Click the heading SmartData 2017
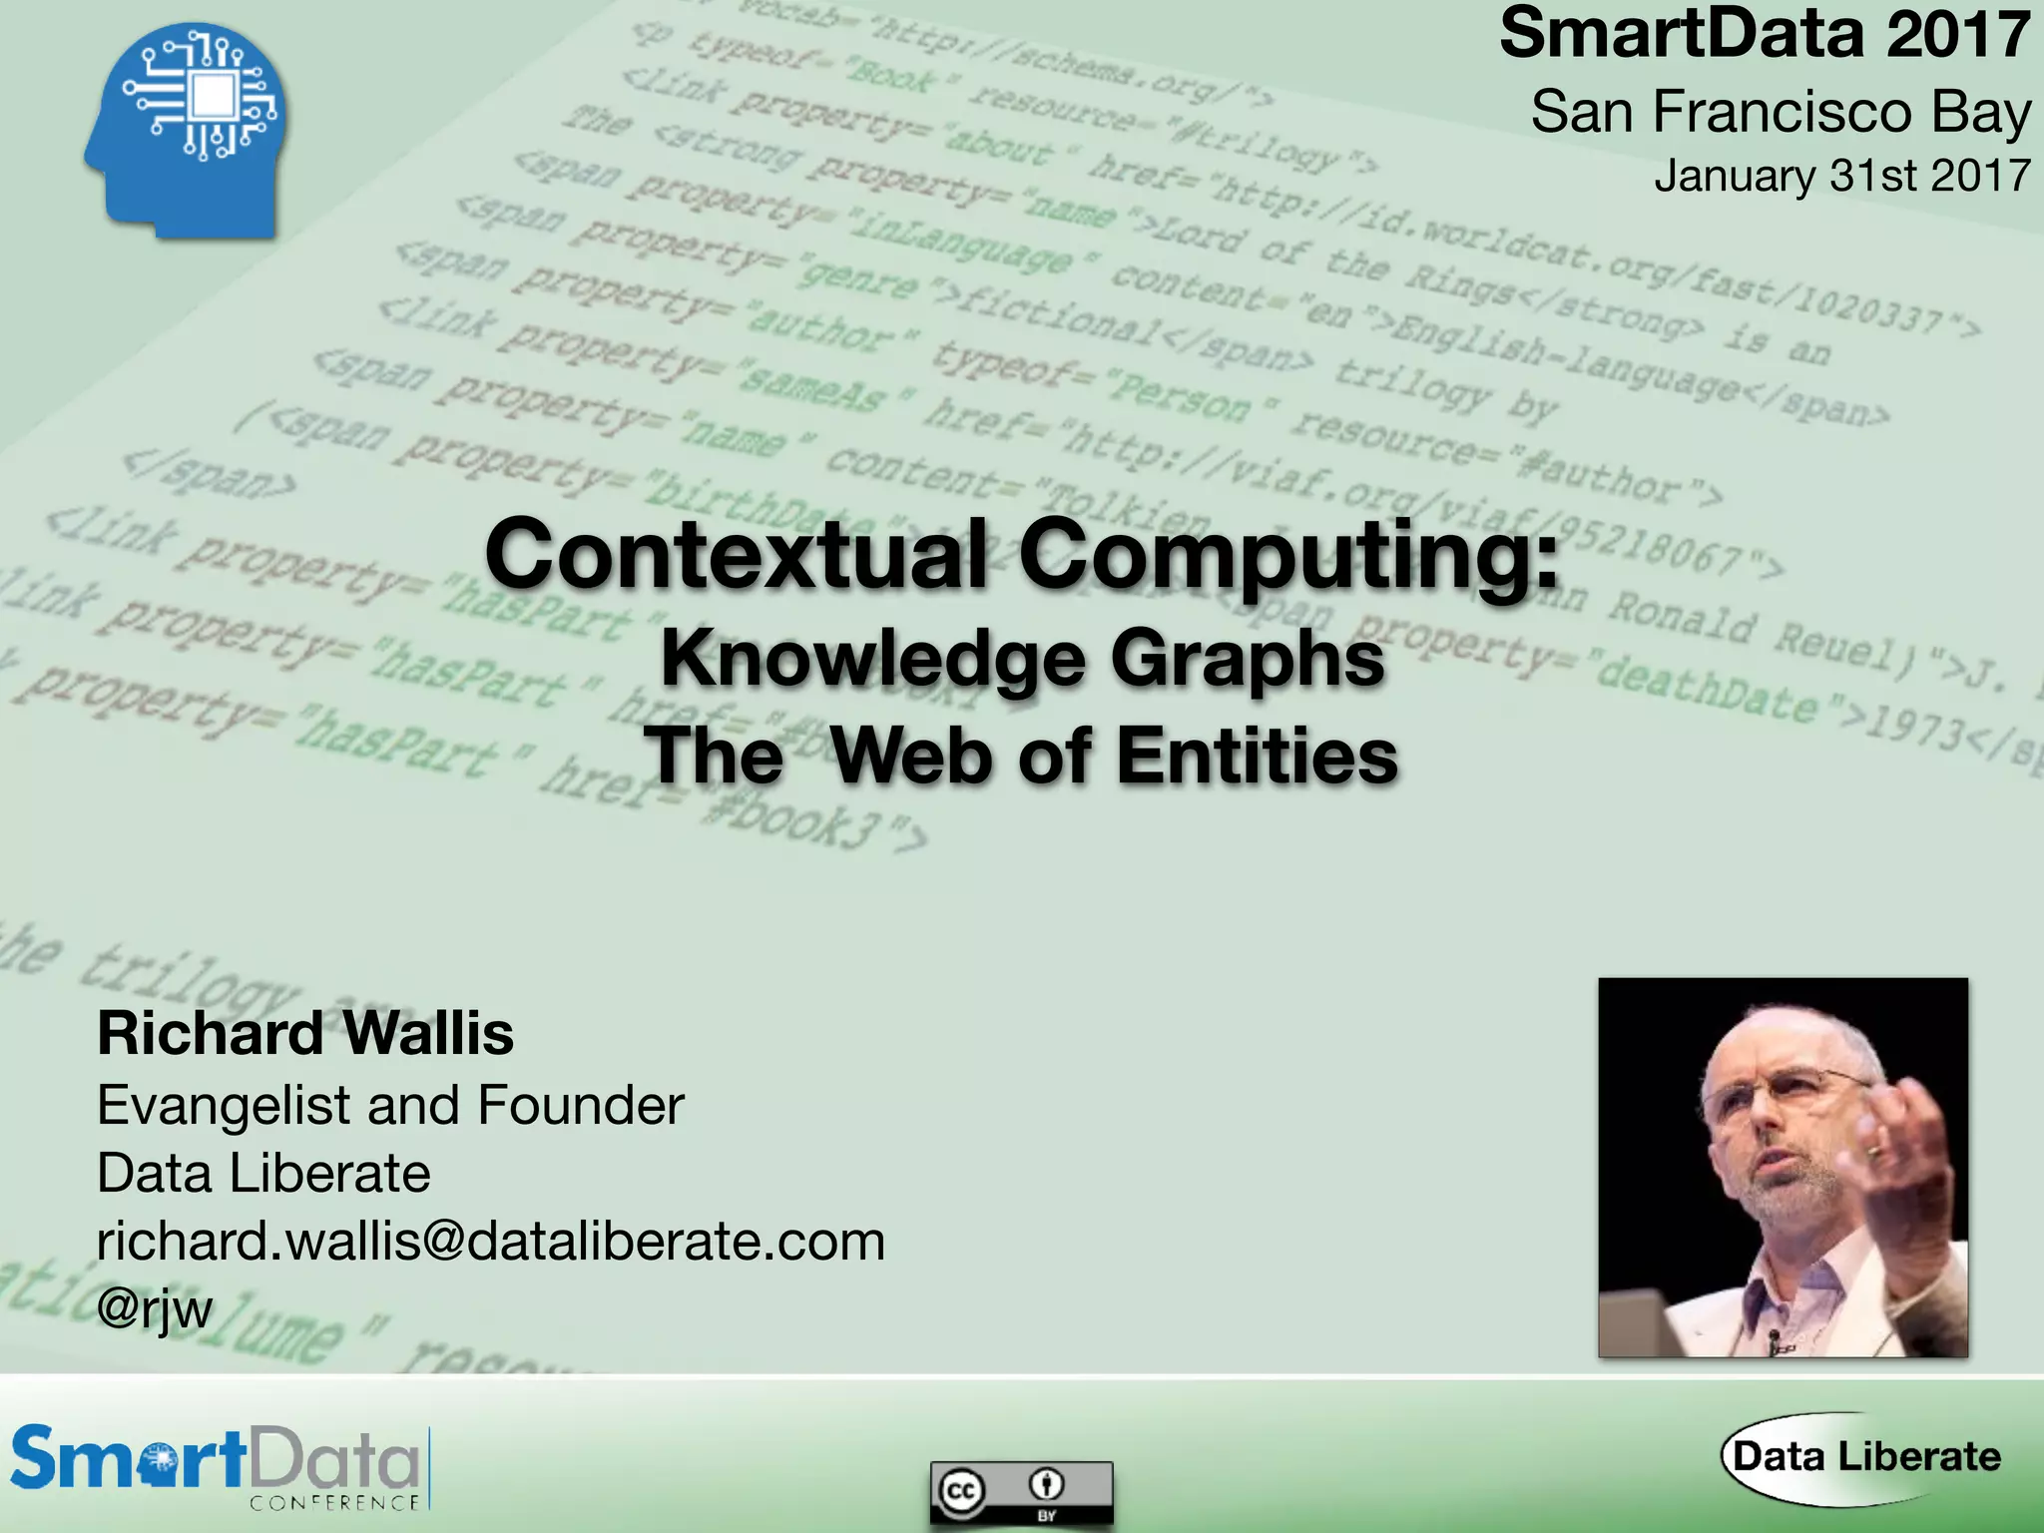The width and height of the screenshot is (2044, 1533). point(1764,34)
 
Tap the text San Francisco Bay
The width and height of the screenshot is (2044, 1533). point(1781,112)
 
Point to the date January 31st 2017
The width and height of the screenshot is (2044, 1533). point(1841,176)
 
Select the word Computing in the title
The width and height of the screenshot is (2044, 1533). point(1287,557)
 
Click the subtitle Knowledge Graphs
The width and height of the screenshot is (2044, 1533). point(1022,659)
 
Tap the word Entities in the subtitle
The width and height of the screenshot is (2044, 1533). point(1258,756)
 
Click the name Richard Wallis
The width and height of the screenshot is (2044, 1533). point(305,1033)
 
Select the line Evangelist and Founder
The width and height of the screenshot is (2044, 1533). point(390,1106)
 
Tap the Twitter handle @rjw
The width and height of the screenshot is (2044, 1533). point(155,1308)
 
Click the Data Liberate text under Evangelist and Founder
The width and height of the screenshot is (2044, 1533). point(263,1174)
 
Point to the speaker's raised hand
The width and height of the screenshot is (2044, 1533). point(1896,1148)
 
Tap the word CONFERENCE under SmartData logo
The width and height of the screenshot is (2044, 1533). point(334,1503)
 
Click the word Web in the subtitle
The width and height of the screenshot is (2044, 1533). point(914,756)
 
